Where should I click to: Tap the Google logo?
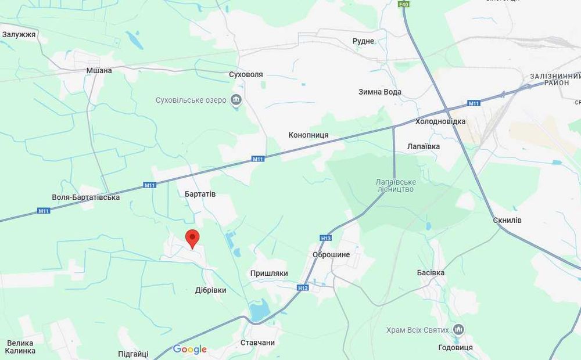coord(190,349)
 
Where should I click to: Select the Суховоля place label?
coord(246,75)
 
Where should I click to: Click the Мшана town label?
coord(99,70)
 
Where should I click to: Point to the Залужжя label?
coord(19,35)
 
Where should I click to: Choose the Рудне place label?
coord(363,41)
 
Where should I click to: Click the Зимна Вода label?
coord(380,92)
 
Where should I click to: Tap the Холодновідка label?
coord(440,121)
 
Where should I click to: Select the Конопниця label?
coord(309,135)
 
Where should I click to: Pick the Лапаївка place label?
coord(424,147)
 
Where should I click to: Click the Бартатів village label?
coord(200,194)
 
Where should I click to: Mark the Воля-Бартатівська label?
coord(86,197)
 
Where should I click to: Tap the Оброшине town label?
coord(331,255)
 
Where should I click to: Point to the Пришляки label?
coord(269,273)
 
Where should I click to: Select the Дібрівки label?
coord(211,290)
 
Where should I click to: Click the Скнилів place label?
coord(507,220)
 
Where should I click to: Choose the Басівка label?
coord(431,272)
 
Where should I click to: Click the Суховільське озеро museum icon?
coord(236,100)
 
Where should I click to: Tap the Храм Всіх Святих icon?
coord(458,330)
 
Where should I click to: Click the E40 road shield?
coord(404,4)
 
